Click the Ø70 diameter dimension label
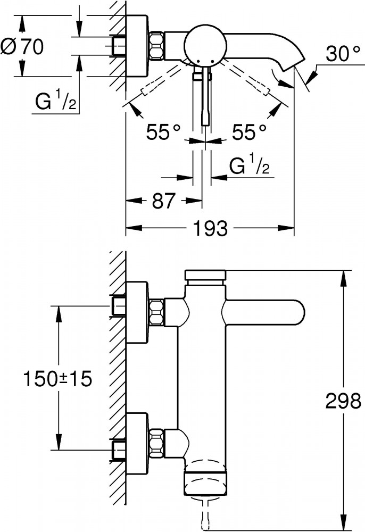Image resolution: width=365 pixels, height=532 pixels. click(x=22, y=47)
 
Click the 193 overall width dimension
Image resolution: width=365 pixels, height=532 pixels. click(x=210, y=229)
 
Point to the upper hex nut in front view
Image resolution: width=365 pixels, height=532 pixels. click(x=157, y=312)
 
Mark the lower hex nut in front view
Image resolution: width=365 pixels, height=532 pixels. click(x=157, y=440)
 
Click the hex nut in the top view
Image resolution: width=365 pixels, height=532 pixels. click(x=157, y=46)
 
